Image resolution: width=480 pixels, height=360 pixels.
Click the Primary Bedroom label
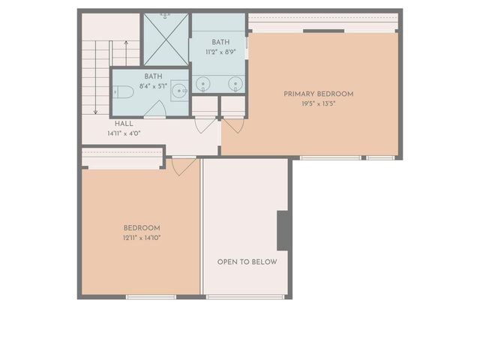point(318,94)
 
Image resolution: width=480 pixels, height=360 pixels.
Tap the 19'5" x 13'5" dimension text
point(318,103)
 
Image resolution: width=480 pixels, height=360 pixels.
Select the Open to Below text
point(247,262)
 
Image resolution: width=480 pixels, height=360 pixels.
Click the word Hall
point(124,124)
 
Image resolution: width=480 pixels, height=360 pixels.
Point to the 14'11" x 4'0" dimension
point(124,133)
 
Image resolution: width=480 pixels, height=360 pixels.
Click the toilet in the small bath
point(125,92)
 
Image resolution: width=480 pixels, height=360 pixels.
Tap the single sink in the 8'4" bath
point(178,91)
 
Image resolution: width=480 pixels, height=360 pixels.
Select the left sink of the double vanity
point(202,83)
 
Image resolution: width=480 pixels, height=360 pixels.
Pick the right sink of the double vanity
point(235,83)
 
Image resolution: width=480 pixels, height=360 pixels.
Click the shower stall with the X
point(165,39)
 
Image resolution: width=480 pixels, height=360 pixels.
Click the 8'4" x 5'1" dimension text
point(153,86)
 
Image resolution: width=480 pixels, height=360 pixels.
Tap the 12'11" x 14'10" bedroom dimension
point(142,238)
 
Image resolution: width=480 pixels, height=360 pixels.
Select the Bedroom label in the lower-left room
point(142,228)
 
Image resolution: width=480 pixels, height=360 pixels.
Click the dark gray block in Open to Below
point(284,230)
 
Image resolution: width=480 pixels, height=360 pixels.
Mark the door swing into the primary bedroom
point(233,125)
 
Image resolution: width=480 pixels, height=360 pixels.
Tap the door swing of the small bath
point(154,109)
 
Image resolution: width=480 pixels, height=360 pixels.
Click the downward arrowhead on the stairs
point(96,111)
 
